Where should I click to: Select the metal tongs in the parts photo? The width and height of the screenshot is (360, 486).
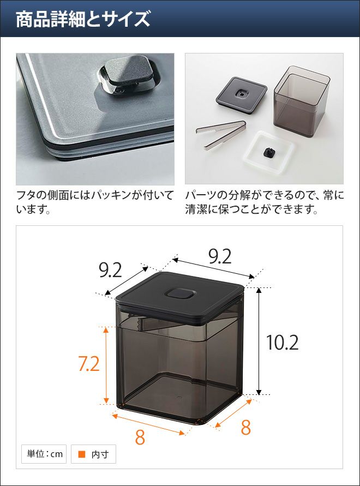(221, 135)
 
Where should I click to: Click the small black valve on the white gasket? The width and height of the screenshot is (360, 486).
(268, 152)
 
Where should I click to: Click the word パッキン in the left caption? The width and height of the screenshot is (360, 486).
(111, 196)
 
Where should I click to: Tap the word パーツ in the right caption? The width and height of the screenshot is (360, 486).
(200, 196)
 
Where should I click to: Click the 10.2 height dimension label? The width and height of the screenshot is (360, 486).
(283, 342)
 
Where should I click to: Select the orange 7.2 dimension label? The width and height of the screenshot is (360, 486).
(89, 364)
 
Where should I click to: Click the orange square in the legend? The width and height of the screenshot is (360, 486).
(82, 454)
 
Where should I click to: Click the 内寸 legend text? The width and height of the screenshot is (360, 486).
(100, 454)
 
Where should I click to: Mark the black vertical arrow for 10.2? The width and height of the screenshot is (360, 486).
(259, 341)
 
